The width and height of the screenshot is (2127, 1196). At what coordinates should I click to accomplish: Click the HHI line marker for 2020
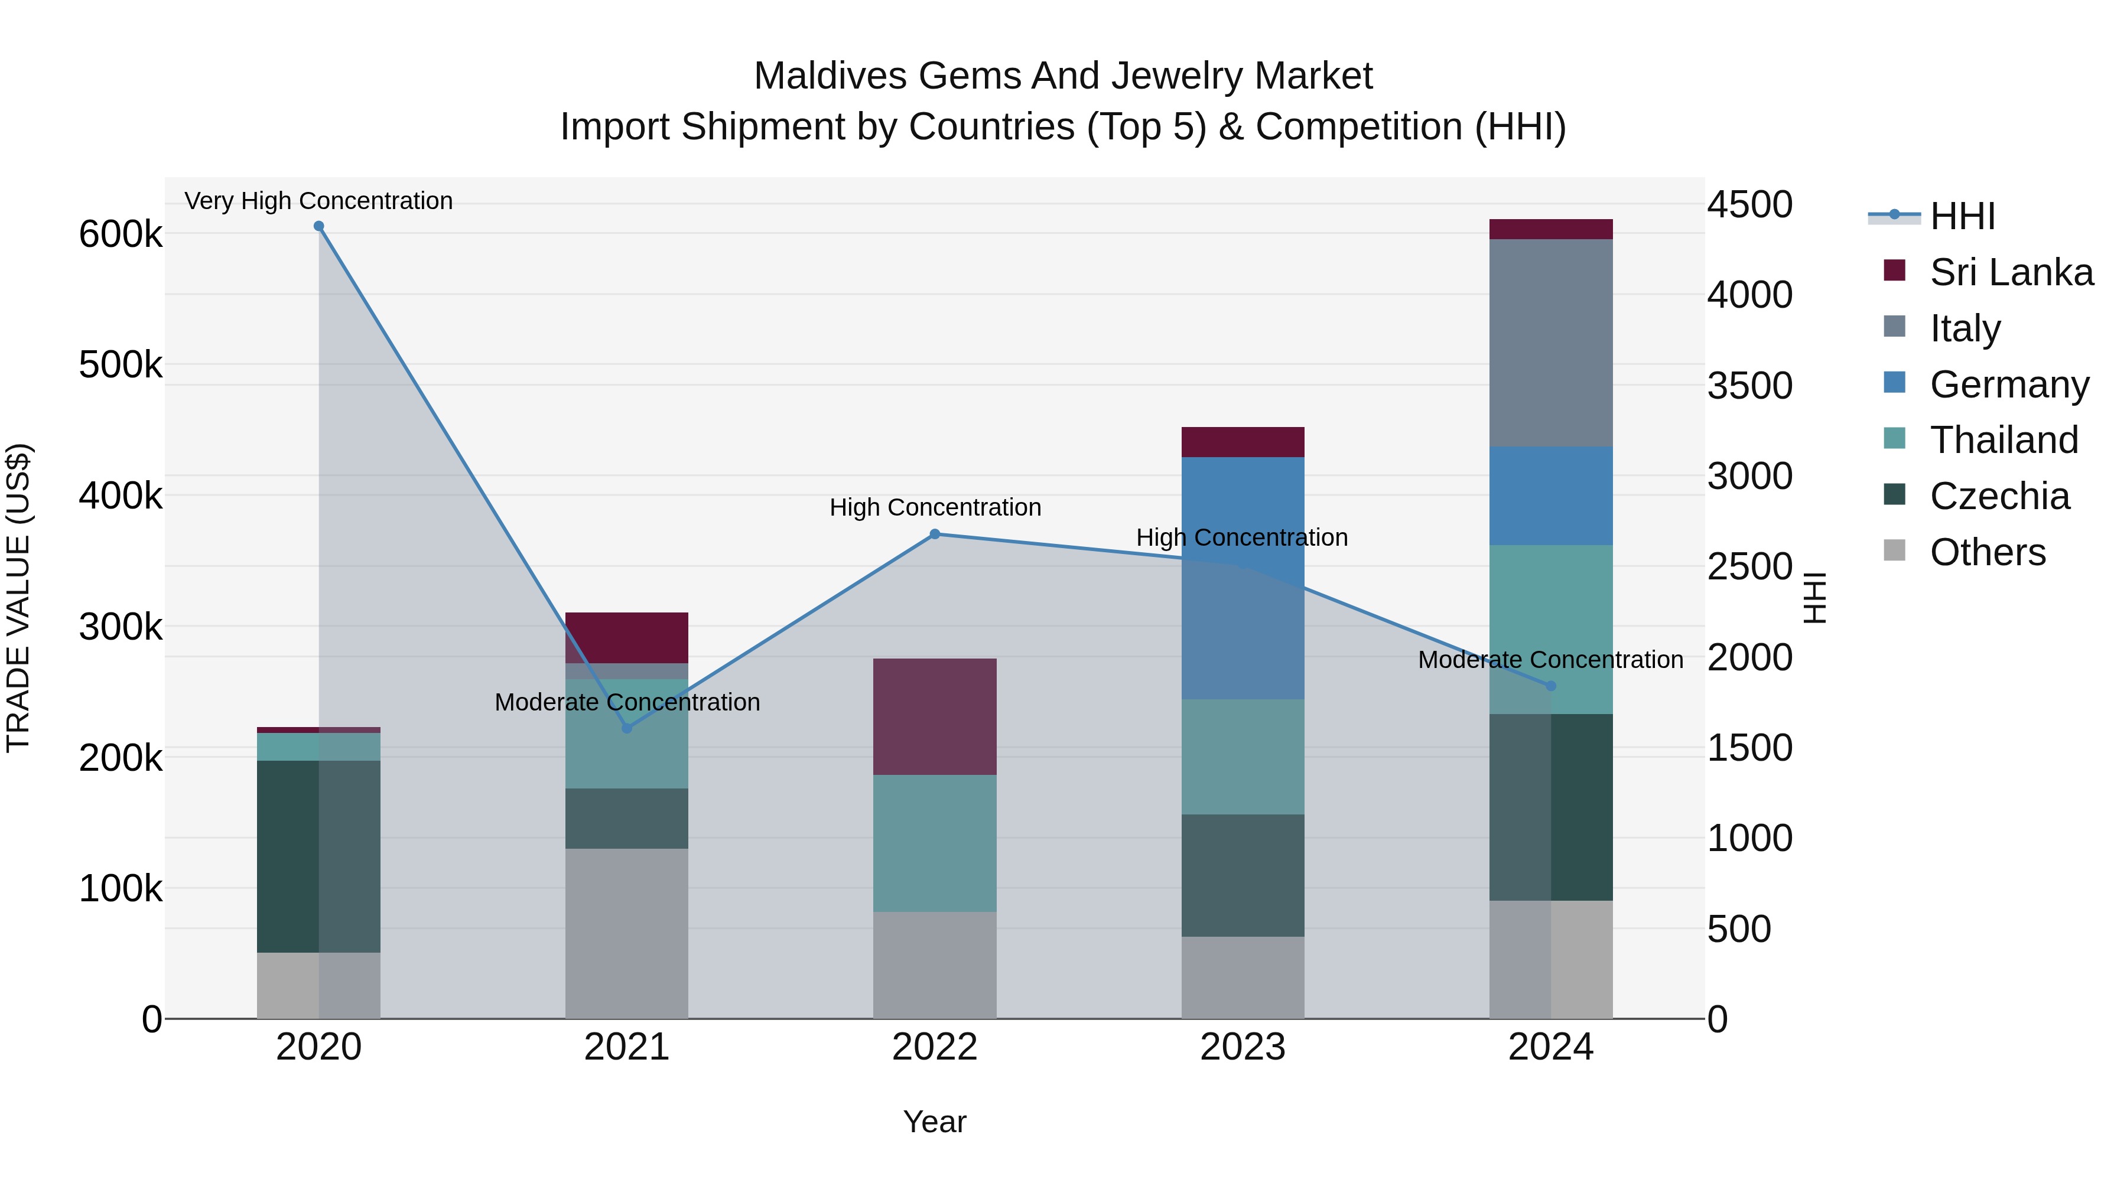pos(318,226)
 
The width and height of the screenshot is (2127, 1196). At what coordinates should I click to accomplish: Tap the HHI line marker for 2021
pos(627,728)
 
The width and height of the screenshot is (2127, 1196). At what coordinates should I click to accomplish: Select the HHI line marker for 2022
pos(935,534)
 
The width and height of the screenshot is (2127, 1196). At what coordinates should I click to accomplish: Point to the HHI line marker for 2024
pos(1551,686)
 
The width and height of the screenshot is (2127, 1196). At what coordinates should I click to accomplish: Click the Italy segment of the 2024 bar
pos(1551,343)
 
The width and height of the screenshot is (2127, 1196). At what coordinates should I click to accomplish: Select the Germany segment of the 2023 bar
pos(1243,578)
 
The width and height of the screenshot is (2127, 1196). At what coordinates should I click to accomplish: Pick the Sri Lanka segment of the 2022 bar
pos(935,716)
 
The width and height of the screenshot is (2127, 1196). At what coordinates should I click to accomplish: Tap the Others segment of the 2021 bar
pos(627,933)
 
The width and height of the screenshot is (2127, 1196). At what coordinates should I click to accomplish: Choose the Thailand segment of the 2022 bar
pos(935,843)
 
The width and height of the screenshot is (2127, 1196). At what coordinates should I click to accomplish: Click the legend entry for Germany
pos(2008,384)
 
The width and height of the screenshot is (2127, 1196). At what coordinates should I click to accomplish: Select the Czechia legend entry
pos(1999,496)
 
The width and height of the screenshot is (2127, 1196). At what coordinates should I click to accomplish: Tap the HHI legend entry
pos(1962,216)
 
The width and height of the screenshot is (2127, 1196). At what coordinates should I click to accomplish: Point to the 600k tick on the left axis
pos(121,234)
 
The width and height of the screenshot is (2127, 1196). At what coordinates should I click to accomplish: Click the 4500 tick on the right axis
pos(1749,205)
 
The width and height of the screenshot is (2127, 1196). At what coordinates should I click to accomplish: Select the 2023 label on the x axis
pos(1243,1047)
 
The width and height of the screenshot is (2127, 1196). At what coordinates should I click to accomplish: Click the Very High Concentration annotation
pos(318,201)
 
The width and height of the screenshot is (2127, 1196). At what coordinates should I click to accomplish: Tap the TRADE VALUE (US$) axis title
pos(19,598)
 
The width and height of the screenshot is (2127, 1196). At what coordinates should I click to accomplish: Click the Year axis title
pos(935,1122)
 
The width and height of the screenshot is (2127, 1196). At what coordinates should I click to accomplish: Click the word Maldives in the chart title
pos(831,76)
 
